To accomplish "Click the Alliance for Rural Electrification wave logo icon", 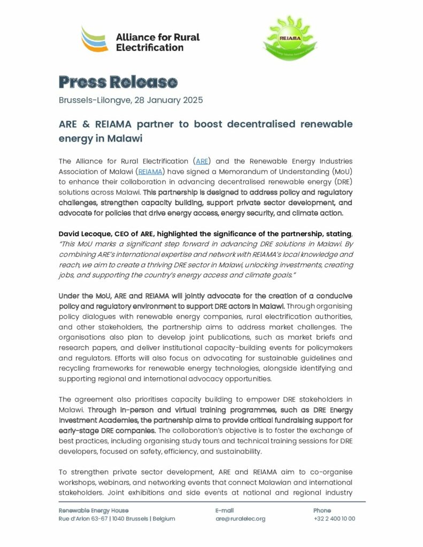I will coord(94,39).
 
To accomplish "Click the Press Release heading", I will coord(118,82).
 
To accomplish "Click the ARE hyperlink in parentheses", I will coord(202,161).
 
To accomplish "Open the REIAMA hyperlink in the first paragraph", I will coord(150,171).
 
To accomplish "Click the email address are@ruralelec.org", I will coord(240,519).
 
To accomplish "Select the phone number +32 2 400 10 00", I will coord(334,519).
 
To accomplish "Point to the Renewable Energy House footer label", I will coord(94,511).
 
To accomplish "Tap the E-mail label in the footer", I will coord(225,511).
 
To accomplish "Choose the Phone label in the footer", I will coord(322,511).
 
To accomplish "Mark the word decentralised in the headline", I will coord(258,124).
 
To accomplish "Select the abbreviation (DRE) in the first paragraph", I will coord(339,182).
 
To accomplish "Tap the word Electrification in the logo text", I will coord(150,48).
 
